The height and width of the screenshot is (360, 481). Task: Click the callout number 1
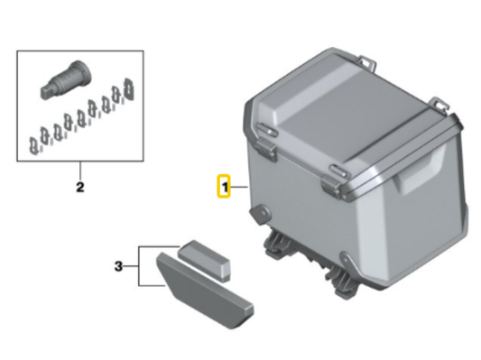point(225,187)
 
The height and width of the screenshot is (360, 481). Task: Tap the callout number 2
point(79,187)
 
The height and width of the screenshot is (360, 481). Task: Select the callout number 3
point(118,266)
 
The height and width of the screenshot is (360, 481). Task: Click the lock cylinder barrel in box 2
point(66,79)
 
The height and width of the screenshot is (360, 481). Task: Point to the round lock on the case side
point(261,213)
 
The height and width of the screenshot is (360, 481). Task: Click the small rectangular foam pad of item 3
point(204,261)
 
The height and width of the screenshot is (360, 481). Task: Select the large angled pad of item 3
point(205,290)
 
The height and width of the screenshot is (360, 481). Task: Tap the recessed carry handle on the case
point(421,170)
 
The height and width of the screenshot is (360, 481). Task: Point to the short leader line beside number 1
point(238,187)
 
